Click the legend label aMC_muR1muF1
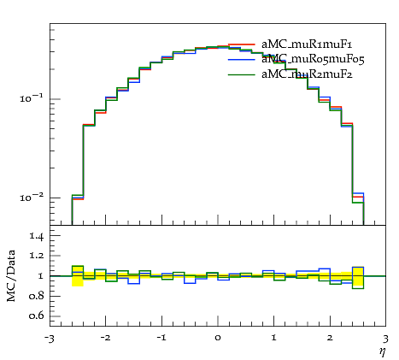point(307,44)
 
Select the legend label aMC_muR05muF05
point(313,60)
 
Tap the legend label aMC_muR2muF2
point(307,74)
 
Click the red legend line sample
point(242,44)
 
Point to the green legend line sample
point(242,74)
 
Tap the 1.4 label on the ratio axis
point(37,236)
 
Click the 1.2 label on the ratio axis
point(37,255)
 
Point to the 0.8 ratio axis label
point(36,296)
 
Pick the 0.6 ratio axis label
point(36,316)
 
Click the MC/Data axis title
point(11,276)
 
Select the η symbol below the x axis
point(383,352)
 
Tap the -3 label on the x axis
point(50,339)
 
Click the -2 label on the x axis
point(105,338)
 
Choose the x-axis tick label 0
point(218,338)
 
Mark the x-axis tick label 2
point(330,338)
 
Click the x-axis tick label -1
point(161,338)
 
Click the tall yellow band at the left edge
point(78,276)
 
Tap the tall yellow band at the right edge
point(358,276)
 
